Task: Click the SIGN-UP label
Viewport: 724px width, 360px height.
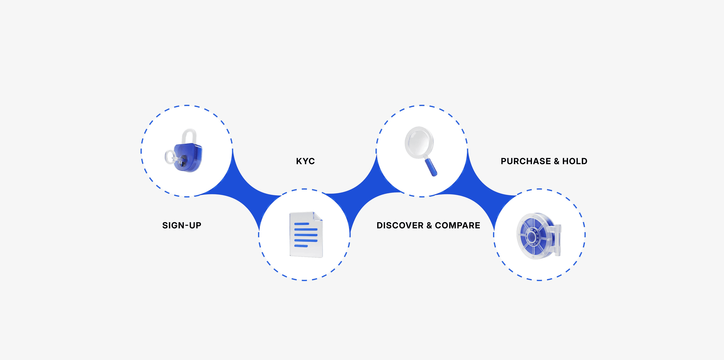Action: pos(182,225)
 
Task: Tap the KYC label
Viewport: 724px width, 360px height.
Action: pos(305,161)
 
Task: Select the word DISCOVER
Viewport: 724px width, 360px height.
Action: pos(400,225)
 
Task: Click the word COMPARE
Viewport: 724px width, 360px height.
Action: pos(457,225)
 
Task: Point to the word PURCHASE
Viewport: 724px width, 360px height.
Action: pos(526,161)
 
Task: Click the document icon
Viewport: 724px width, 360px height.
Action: pos(306,235)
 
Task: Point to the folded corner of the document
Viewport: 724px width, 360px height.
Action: pos(317,216)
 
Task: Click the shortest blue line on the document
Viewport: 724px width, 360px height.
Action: pos(301,246)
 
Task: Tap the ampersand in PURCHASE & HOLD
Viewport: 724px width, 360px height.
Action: pos(556,161)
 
